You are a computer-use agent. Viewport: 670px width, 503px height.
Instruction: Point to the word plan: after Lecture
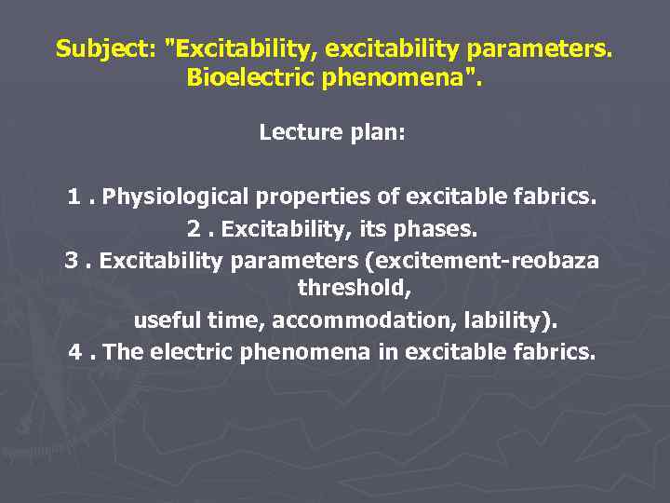click(373, 133)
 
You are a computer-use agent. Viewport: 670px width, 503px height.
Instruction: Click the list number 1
click(74, 197)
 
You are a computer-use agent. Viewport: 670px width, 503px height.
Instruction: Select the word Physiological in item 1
click(176, 197)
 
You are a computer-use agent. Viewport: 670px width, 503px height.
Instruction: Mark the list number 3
click(72, 260)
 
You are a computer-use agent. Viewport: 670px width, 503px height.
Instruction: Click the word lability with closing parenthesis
click(509, 320)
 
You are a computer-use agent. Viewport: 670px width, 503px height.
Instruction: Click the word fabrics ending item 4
click(558, 352)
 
